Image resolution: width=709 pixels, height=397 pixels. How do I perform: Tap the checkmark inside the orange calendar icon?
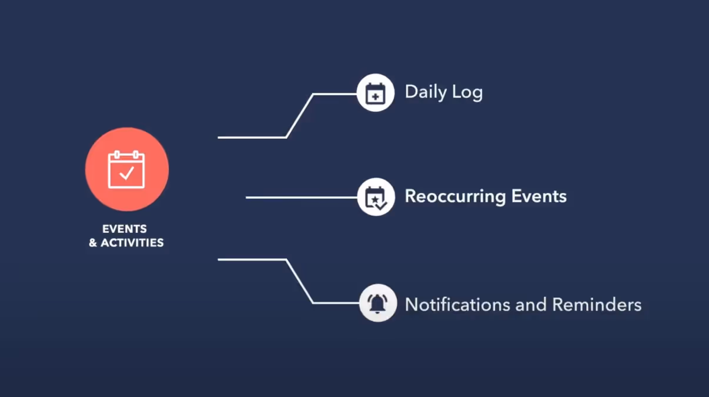coord(127,173)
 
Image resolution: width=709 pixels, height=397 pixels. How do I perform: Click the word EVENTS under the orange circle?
coord(125,229)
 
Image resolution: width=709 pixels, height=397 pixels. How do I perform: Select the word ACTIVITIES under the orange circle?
coord(132,242)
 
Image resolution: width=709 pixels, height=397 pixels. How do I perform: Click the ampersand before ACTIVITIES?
coord(93,243)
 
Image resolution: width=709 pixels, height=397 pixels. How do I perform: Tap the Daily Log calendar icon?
coord(375,94)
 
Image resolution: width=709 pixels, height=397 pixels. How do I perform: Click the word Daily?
coord(425,92)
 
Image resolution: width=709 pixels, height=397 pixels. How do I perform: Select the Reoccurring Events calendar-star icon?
coord(375,197)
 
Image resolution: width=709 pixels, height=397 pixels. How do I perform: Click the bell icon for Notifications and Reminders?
coord(377,303)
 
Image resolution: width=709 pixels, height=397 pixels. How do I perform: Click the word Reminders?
coord(597,305)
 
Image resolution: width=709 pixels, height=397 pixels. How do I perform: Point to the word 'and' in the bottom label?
coord(531,305)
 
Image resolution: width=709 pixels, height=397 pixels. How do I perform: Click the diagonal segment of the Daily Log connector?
coord(300,115)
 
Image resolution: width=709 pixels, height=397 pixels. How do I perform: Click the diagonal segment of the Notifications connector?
coord(300,281)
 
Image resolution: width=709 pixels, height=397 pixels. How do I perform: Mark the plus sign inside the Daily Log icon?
coord(375,96)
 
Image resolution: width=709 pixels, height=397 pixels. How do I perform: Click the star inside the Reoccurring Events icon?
coord(373,199)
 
